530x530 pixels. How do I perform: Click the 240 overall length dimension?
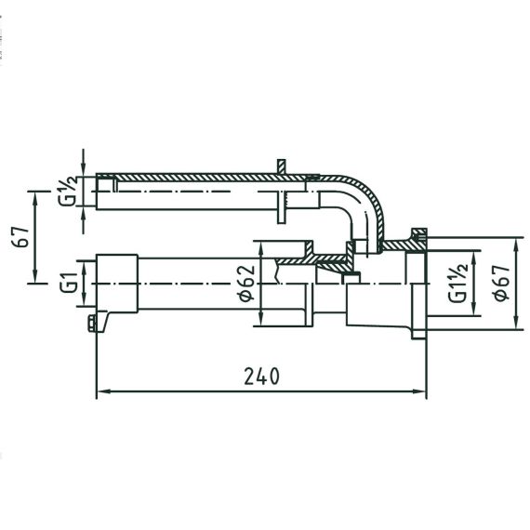click(x=261, y=377)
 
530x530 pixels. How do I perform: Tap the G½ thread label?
click(x=68, y=191)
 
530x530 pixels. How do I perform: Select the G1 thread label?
click(x=69, y=283)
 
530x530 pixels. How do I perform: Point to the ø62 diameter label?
click(x=245, y=284)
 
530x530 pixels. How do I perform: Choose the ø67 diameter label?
click(x=501, y=284)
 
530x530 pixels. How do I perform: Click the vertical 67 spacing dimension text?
click(x=22, y=236)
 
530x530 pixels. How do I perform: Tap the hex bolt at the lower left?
click(x=92, y=324)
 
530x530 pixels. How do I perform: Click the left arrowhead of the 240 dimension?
click(x=101, y=391)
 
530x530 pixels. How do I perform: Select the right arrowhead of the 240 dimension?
click(x=421, y=391)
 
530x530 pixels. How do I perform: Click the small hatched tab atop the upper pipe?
click(x=281, y=166)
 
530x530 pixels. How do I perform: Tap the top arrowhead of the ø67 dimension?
click(x=516, y=244)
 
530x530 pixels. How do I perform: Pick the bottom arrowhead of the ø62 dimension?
click(x=261, y=320)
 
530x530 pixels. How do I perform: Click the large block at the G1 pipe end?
click(x=117, y=284)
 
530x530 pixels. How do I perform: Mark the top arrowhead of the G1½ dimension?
click(x=473, y=257)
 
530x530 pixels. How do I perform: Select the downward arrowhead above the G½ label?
click(x=84, y=171)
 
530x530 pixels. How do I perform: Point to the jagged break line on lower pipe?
click(x=277, y=272)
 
